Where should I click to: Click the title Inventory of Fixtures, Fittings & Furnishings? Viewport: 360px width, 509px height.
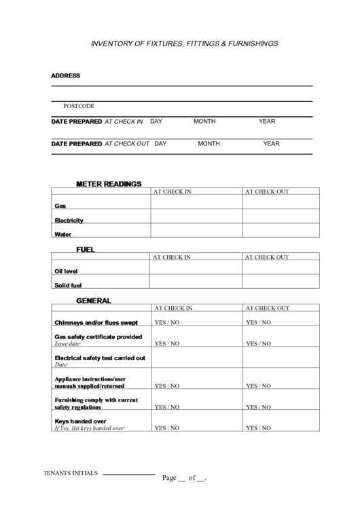184,43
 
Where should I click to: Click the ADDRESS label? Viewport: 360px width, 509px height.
66,75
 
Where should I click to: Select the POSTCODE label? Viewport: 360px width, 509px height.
79,106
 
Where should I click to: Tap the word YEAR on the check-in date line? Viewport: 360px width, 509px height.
267,122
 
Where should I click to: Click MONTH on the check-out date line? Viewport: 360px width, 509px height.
209,143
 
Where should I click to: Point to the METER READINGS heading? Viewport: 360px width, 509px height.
109,183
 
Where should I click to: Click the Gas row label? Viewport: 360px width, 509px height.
60,205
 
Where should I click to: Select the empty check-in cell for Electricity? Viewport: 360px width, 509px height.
196,216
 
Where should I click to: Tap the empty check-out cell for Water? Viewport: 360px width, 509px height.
281,230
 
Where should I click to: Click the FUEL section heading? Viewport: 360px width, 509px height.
86,249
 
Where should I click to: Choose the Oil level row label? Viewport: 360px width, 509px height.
66,271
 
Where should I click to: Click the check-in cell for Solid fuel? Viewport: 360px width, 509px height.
196,283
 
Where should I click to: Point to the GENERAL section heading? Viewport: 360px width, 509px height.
94,300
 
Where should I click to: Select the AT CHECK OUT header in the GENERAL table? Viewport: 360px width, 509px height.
267,308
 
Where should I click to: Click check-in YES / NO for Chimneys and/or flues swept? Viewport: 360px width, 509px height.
167,323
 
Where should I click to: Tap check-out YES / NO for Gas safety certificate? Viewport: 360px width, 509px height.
258,344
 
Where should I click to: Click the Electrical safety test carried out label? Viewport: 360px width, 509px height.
99,357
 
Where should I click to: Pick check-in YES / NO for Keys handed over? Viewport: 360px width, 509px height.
167,429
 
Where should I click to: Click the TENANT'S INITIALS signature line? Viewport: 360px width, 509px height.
129,474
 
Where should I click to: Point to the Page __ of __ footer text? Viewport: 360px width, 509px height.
183,478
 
